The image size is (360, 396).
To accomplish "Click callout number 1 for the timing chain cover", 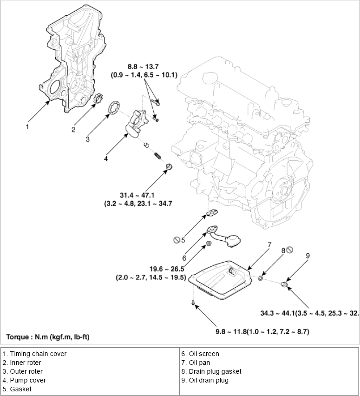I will pyautogui.click(x=27, y=126).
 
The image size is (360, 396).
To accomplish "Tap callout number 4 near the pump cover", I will pyautogui.click(x=106, y=158).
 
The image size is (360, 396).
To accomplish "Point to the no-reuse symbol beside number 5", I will pyautogui.click(x=177, y=240).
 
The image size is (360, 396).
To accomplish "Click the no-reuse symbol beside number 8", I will pyautogui.click(x=289, y=250).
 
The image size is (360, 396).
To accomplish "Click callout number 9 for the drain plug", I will pyautogui.click(x=308, y=255).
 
